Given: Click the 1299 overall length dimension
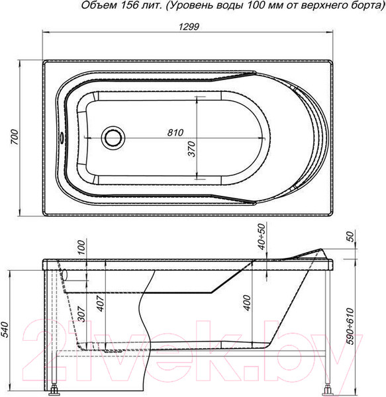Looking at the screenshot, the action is (189, 26).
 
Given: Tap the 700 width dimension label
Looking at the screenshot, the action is (15, 137).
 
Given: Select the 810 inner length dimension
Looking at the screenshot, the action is (175, 132).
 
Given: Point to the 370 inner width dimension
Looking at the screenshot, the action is (192, 149).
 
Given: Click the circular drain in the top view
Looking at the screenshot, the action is (113, 138).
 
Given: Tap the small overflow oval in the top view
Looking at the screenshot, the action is (62, 138).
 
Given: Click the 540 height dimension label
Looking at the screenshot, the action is (5, 330).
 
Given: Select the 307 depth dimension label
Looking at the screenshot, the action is (81, 314).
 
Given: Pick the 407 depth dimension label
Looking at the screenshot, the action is (101, 303).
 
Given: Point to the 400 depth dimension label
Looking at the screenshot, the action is (247, 303).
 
